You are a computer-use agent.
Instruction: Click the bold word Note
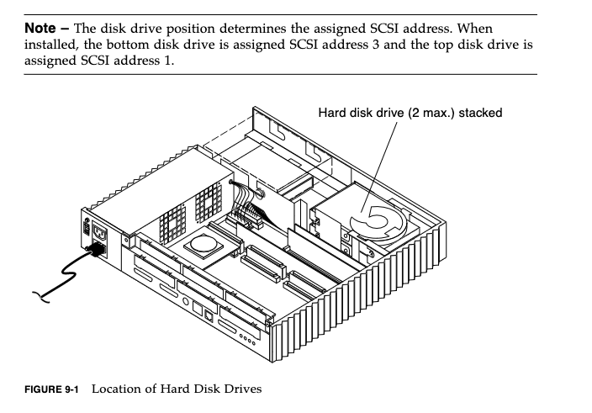click(40, 28)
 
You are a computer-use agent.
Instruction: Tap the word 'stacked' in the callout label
click(480, 113)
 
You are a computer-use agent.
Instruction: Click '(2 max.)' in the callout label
click(431, 113)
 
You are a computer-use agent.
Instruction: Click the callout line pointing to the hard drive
click(378, 167)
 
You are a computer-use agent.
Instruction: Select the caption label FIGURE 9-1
click(51, 389)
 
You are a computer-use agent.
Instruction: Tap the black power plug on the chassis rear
click(97, 249)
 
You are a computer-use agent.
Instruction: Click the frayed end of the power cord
click(40, 297)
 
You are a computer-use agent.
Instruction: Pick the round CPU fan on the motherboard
click(204, 243)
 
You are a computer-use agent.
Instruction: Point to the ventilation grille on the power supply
click(191, 212)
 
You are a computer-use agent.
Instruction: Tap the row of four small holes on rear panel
click(247, 339)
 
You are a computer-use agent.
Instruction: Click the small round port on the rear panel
click(185, 301)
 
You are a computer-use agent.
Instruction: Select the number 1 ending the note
click(167, 61)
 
